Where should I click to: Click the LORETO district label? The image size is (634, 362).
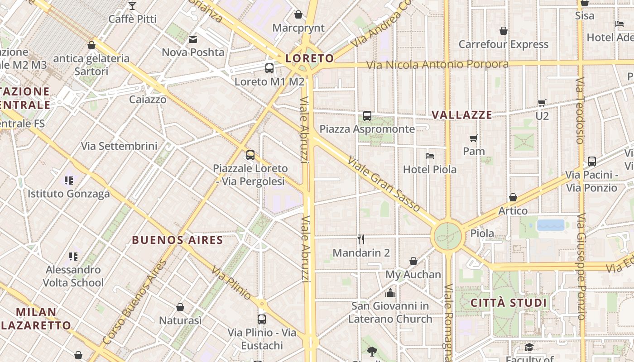[310, 58]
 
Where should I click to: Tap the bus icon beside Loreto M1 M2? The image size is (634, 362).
[269, 68]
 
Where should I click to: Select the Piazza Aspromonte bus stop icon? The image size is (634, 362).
[367, 116]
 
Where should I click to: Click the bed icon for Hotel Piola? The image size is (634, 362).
[430, 156]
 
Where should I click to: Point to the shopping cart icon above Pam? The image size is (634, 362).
[474, 138]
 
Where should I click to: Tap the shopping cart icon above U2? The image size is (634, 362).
[542, 103]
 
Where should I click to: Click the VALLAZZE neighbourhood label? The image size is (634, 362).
[462, 115]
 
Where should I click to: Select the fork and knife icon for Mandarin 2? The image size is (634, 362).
[361, 239]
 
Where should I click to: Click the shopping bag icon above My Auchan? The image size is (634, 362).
[413, 261]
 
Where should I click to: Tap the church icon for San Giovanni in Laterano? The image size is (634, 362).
[390, 293]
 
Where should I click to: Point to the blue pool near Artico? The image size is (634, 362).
[551, 225]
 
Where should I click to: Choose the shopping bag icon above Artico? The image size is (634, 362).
[513, 197]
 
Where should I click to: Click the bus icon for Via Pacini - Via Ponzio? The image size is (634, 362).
[591, 161]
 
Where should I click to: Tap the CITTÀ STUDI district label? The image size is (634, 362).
[509, 303]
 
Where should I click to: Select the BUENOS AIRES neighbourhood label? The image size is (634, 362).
[178, 240]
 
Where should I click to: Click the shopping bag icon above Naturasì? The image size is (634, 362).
[180, 307]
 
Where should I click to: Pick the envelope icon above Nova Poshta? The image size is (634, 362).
[193, 39]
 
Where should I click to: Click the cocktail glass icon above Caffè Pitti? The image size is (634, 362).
[132, 6]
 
